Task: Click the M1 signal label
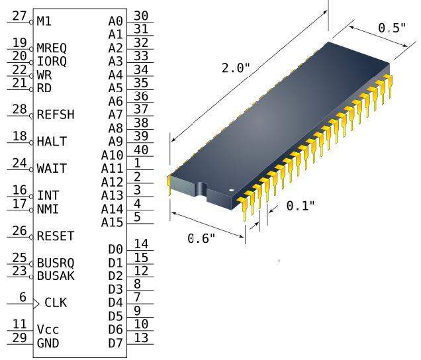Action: [x=44, y=21]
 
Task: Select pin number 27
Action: [x=20, y=16]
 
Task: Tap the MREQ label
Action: [x=52, y=48]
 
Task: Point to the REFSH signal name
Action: [x=56, y=114]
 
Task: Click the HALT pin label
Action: [x=52, y=142]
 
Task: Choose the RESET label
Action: [x=56, y=236]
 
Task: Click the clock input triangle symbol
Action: [x=36, y=304]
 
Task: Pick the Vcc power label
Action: [x=48, y=330]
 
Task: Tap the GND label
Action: [x=48, y=343]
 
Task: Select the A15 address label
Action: [x=113, y=222]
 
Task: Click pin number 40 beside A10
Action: [x=141, y=150]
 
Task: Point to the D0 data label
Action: [x=116, y=249]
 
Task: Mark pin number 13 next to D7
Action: [x=141, y=338]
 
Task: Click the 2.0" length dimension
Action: [x=236, y=68]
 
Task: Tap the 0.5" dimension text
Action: [x=392, y=28]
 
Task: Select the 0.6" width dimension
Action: [x=201, y=238]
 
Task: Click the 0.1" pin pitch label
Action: [x=301, y=206]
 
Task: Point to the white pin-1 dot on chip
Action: [x=232, y=191]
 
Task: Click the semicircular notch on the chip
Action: [x=201, y=189]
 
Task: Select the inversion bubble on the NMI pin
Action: [x=31, y=210]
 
